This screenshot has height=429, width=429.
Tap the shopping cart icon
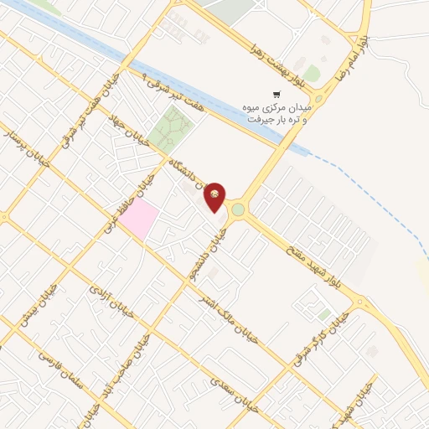pyautogui.click(x=277, y=95)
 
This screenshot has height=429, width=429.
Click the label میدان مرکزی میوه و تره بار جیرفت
pyautogui.click(x=279, y=114)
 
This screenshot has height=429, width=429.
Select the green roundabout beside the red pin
pyautogui.click(x=237, y=209)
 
